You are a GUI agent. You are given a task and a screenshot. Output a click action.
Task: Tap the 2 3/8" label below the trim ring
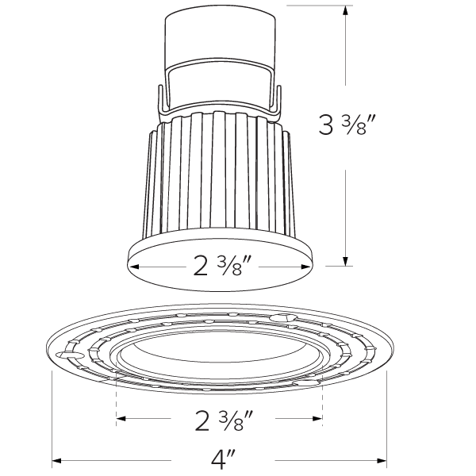(x=220, y=418)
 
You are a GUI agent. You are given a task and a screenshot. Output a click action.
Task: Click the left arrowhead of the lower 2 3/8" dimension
(x=121, y=417)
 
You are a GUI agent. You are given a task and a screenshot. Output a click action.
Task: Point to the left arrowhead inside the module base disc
(x=134, y=267)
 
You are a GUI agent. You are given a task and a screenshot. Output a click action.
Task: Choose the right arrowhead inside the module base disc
(x=305, y=267)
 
